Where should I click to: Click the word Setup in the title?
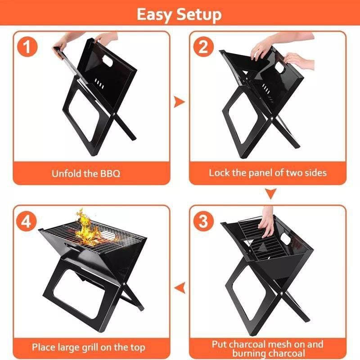click(199, 14)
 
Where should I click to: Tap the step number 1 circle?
click(27, 47)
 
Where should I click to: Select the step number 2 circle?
click(203, 47)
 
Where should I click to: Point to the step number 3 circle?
click(203, 221)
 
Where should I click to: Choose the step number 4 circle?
click(27, 221)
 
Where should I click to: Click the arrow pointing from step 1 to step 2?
click(179, 102)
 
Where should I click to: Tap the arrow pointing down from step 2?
click(271, 193)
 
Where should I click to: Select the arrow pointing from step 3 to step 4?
click(180, 288)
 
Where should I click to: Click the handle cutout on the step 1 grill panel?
click(108, 61)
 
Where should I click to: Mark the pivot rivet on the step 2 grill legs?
click(272, 119)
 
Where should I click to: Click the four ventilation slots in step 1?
click(99, 84)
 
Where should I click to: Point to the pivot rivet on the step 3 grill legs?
click(282, 293)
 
